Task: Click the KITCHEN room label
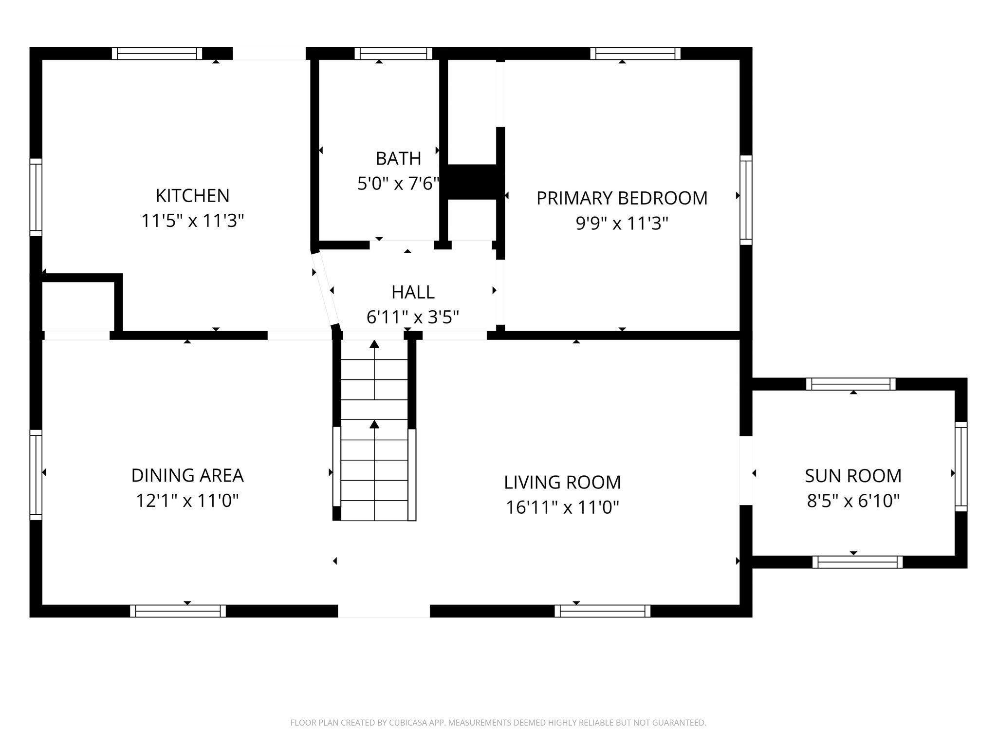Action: click(192, 195)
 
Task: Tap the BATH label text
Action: click(398, 158)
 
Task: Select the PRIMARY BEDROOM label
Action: click(622, 198)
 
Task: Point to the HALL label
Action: click(413, 292)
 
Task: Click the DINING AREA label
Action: click(187, 475)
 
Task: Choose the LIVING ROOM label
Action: click(562, 482)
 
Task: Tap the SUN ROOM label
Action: click(853, 476)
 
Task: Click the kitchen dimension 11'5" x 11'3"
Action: click(192, 221)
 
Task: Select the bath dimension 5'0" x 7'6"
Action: click(399, 184)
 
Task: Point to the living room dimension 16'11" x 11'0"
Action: click(562, 507)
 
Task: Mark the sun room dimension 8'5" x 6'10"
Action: click(853, 501)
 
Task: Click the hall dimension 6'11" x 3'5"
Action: click(413, 318)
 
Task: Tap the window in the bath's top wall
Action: click(393, 54)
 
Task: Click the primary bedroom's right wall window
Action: click(746, 200)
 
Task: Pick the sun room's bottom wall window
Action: click(857, 562)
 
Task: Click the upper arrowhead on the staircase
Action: click(374, 344)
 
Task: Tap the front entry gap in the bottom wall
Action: click(384, 611)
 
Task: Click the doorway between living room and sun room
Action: click(746, 470)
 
